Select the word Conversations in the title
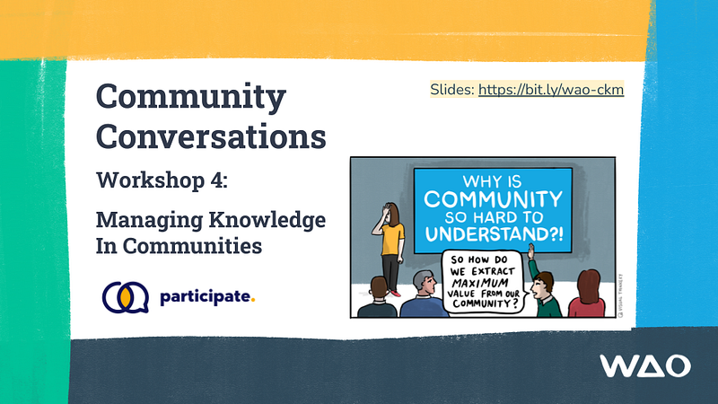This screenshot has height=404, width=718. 211,136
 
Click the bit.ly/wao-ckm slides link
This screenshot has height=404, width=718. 550,90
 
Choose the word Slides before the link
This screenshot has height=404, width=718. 452,90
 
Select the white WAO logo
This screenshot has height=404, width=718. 645,365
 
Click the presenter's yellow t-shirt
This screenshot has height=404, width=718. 391,237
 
